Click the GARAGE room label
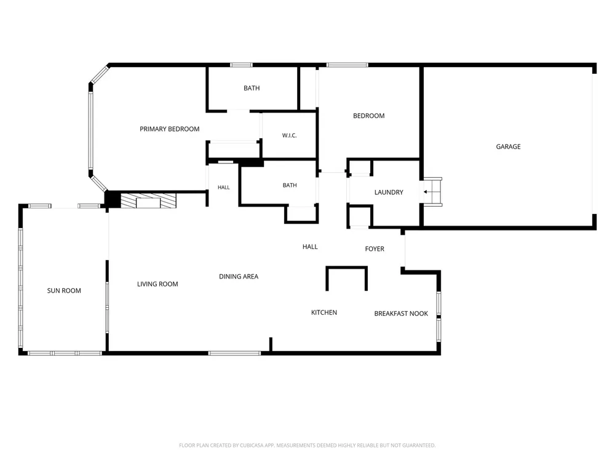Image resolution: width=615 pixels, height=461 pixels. coord(508,147)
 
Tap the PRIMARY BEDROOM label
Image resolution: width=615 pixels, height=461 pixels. coord(170,129)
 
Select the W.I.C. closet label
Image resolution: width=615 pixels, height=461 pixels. coord(290,136)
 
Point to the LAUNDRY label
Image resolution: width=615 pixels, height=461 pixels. coord(389,192)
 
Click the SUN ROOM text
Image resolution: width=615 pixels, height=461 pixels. coord(64,291)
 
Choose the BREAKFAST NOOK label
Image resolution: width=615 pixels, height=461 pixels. coord(401,313)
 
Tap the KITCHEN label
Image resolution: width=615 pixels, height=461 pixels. coord(324,312)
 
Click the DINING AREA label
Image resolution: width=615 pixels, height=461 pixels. coord(239,277)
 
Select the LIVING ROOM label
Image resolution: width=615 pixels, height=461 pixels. coord(157,284)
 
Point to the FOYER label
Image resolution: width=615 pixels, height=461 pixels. coord(375,249)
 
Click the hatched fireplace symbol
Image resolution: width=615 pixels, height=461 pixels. coord(148,200)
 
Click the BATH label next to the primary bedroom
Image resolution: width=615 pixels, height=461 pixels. coord(252,88)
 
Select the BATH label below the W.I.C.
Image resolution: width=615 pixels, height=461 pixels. coord(290,186)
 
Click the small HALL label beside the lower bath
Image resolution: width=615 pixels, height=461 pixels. coord(224,187)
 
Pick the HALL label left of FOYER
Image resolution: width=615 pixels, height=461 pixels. coord(310,246)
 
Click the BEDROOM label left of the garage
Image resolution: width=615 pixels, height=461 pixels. coord(368,116)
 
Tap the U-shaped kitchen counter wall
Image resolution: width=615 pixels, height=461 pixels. coord(346,268)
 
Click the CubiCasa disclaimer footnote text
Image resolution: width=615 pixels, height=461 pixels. coord(307,445)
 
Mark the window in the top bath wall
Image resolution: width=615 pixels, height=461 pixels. coord(241,65)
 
